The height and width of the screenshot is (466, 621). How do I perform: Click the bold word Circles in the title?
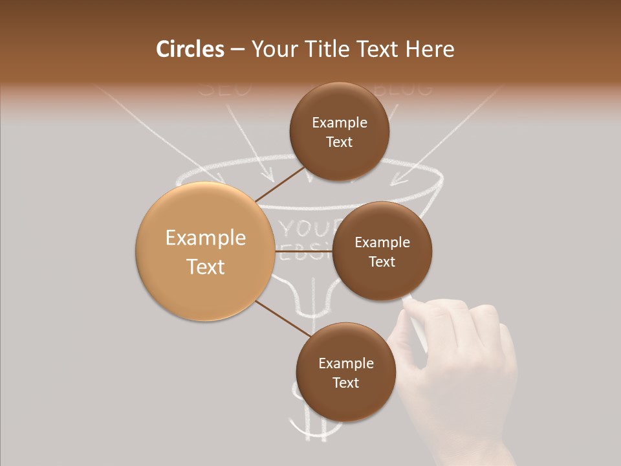coord(190,49)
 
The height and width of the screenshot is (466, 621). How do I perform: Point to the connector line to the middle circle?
coord(304,250)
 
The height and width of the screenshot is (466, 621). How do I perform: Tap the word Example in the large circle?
coord(205,238)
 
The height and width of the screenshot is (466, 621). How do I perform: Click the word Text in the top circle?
coord(340,142)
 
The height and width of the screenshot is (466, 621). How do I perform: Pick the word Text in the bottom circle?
coord(345,383)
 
